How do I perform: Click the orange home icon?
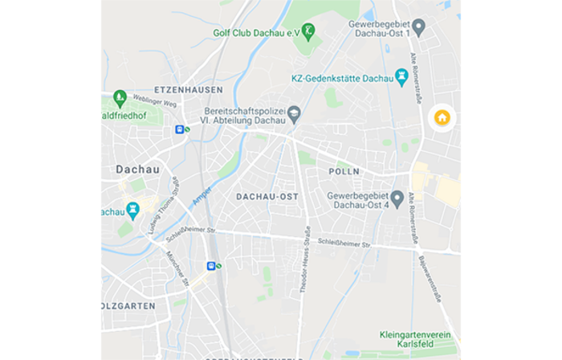click(x=442, y=118)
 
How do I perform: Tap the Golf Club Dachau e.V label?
click(x=257, y=32)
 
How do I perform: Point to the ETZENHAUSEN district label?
click(x=189, y=90)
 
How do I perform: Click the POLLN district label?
click(x=344, y=172)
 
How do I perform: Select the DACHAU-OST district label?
click(x=267, y=196)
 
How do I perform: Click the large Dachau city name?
click(x=137, y=170)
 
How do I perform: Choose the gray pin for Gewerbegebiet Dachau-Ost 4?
click(x=397, y=197)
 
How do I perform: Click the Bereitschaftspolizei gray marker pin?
click(x=294, y=114)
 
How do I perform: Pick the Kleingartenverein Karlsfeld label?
click(x=415, y=339)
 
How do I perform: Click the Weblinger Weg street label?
click(x=154, y=102)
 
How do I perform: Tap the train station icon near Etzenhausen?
click(x=180, y=129)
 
